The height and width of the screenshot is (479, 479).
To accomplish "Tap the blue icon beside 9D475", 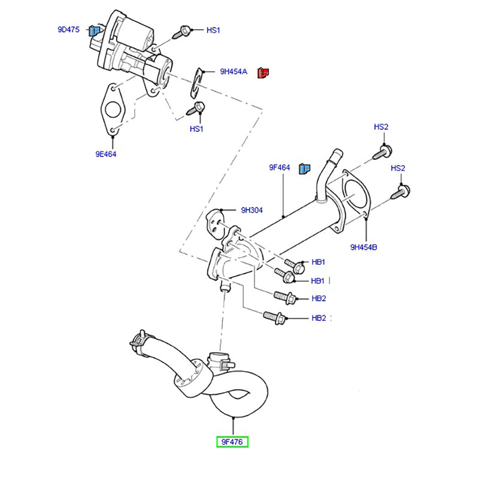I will click(x=95, y=31).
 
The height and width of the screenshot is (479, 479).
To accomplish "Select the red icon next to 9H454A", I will click(x=263, y=72).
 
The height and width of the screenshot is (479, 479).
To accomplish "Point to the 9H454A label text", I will click(x=234, y=71).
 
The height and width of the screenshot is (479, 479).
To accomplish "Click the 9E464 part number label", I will click(x=105, y=154).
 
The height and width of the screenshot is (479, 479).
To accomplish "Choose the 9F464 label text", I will click(x=279, y=168).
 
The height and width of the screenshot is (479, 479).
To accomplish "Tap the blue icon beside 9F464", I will click(x=304, y=168).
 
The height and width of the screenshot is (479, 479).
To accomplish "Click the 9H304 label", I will click(x=251, y=210).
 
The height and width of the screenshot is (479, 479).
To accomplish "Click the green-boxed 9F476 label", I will click(x=233, y=442).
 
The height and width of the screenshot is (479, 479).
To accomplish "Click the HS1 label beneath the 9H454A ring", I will click(x=197, y=129).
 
